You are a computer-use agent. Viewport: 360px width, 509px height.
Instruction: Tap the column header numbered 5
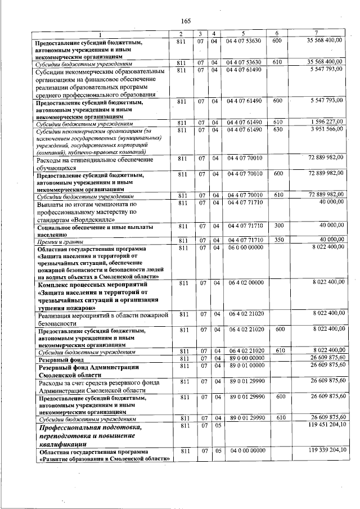click(244, 33)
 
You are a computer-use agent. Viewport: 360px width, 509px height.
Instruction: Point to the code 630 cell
click(277, 130)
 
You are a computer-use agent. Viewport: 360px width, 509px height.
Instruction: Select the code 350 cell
click(277, 240)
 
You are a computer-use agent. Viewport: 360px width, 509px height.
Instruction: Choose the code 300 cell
click(277, 225)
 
